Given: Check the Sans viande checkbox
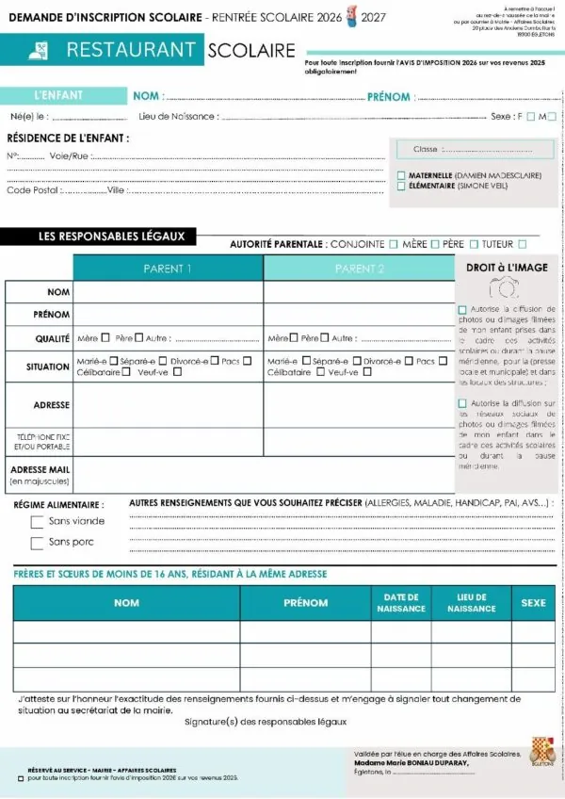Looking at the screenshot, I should tap(38, 522).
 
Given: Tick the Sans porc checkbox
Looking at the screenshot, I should tap(38, 543).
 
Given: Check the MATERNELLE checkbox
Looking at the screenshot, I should tap(401, 175).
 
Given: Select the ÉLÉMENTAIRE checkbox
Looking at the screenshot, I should tap(401, 187).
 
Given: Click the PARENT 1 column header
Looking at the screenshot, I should tap(168, 269).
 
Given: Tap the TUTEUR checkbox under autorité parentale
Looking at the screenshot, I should tap(522, 244).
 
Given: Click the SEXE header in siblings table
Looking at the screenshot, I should tap(533, 603).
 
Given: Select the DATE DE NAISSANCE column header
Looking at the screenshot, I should tap(401, 603).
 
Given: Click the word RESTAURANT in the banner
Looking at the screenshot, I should tap(131, 51).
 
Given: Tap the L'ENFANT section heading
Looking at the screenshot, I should tap(58, 95).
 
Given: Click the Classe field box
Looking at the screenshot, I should tap(473, 149).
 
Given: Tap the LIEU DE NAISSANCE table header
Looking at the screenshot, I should tap(471, 603).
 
